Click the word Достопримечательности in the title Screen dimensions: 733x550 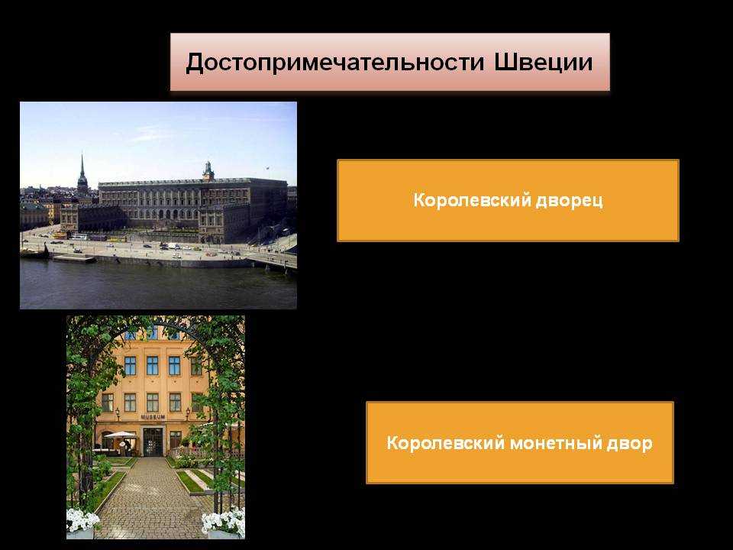[x=334, y=62]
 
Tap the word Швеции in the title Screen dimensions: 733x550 [x=543, y=62]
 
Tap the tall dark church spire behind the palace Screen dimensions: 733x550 [x=82, y=173]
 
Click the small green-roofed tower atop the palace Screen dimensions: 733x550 [x=208, y=171]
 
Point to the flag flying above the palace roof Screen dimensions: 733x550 [x=267, y=167]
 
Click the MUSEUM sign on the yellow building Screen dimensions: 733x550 [x=153, y=417]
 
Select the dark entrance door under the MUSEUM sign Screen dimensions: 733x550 [x=153, y=442]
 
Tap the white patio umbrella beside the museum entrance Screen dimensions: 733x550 [x=120, y=435]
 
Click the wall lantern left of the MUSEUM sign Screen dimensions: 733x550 [x=118, y=412]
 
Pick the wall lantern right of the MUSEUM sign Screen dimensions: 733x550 [x=188, y=412]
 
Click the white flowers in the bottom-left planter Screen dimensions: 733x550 [x=82, y=520]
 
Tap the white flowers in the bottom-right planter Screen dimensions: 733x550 [x=224, y=521]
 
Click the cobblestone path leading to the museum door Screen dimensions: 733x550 [x=150, y=496]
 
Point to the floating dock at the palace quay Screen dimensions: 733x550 [x=74, y=258]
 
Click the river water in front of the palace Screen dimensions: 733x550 [x=158, y=285]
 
